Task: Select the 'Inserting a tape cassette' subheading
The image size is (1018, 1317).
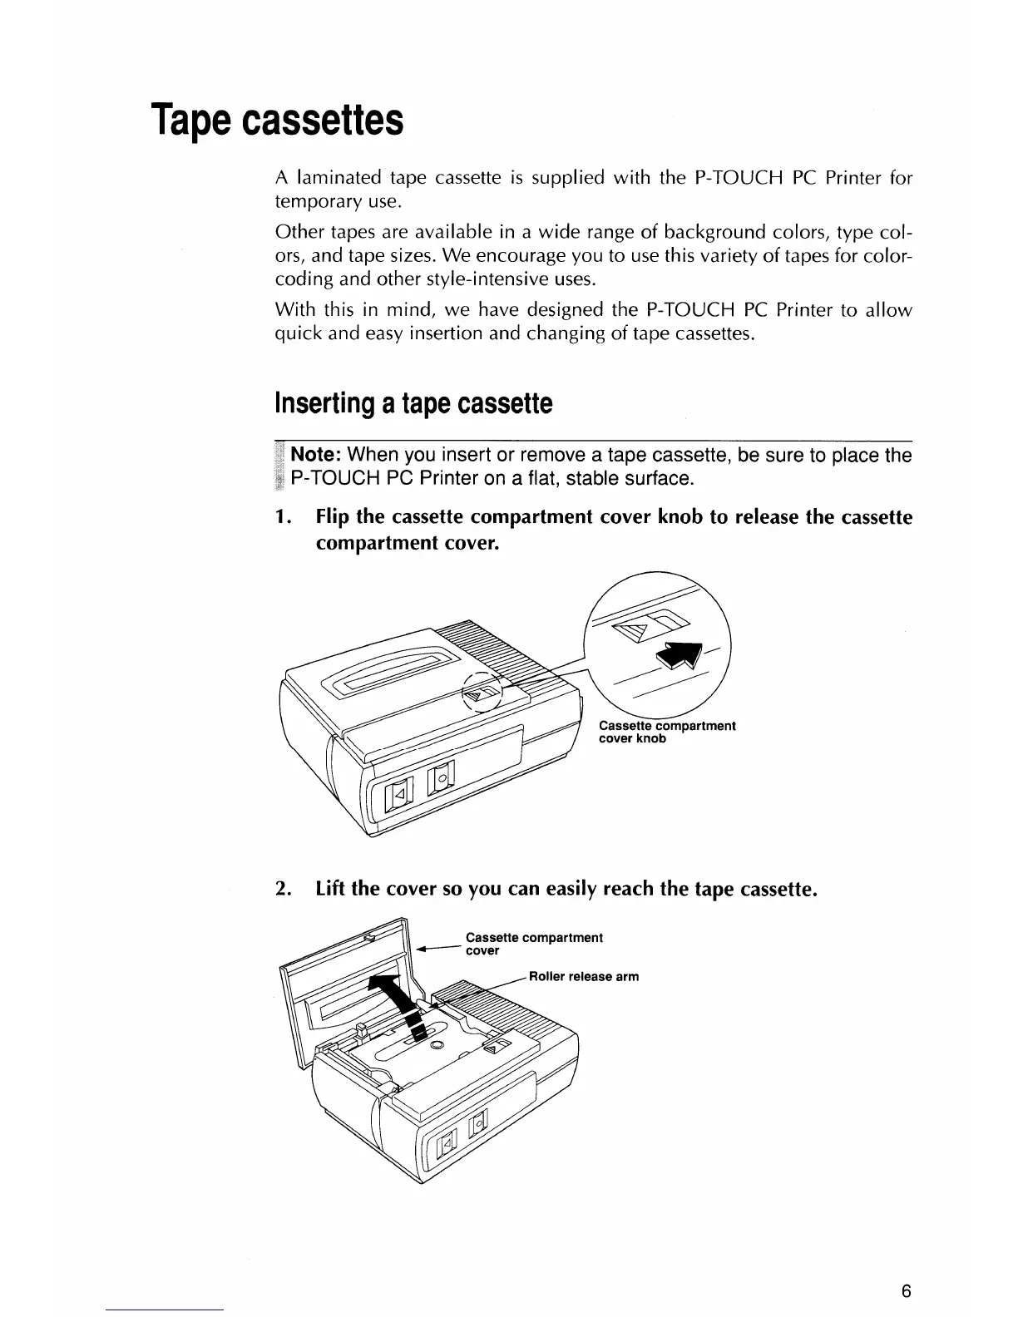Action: tap(413, 404)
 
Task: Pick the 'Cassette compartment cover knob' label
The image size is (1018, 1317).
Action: tap(666, 732)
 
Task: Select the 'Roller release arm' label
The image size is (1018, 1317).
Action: tap(584, 976)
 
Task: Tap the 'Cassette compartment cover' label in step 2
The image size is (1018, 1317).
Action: tap(533, 944)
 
